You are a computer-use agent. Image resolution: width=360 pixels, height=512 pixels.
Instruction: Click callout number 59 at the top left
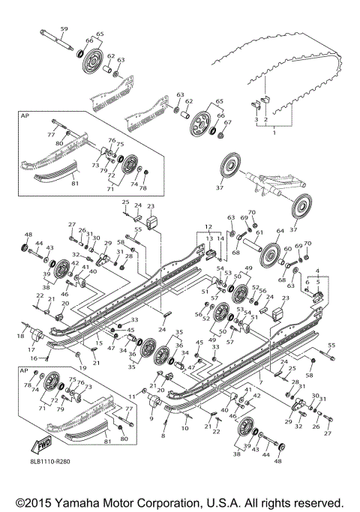[x=64, y=29]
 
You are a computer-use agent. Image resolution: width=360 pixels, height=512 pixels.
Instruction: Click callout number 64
[x=280, y=232]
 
